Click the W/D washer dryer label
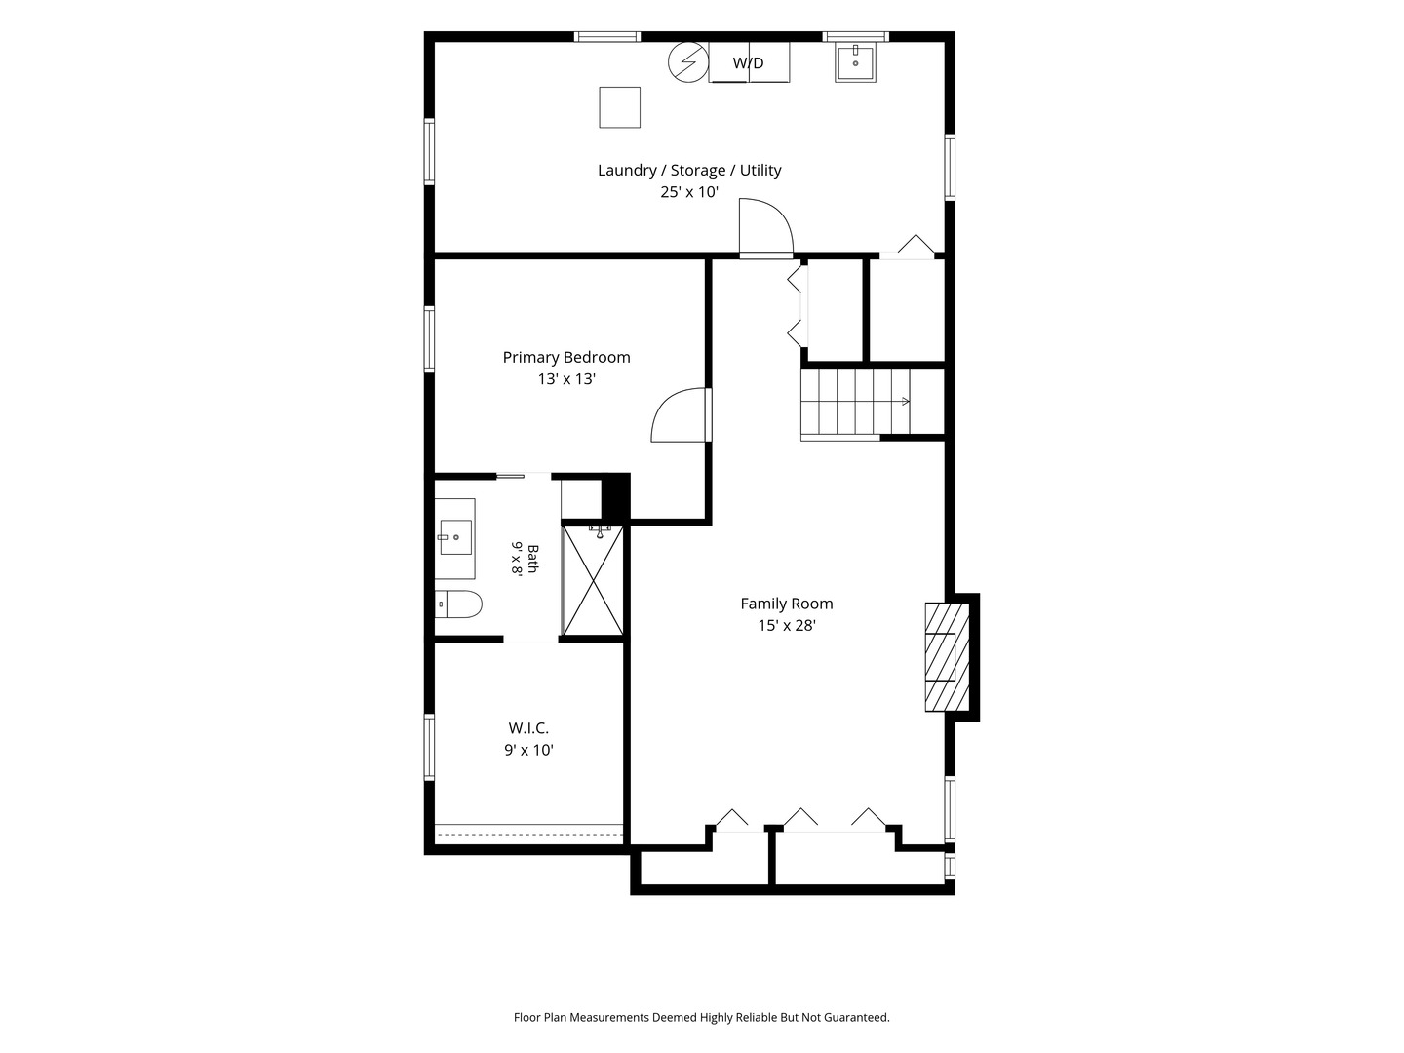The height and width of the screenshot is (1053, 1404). [748, 62]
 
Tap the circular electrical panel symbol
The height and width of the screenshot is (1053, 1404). [688, 62]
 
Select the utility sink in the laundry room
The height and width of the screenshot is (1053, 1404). [855, 62]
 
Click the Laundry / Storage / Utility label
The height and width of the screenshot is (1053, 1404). [689, 170]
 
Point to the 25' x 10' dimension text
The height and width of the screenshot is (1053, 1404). [689, 192]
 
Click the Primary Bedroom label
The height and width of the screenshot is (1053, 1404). [566, 358]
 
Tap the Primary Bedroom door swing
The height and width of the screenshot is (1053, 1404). [681, 414]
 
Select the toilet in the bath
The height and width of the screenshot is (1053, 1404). [458, 604]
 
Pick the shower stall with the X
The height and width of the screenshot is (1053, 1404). [593, 580]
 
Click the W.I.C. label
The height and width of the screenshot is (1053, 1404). [528, 727]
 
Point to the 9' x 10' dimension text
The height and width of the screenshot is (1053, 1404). [528, 750]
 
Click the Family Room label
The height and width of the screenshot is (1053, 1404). [786, 604]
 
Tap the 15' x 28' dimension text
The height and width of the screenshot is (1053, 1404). [786, 625]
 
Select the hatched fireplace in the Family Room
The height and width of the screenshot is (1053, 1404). [948, 656]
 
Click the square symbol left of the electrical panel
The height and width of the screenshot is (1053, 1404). [619, 107]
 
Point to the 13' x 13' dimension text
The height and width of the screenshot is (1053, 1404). [566, 379]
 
